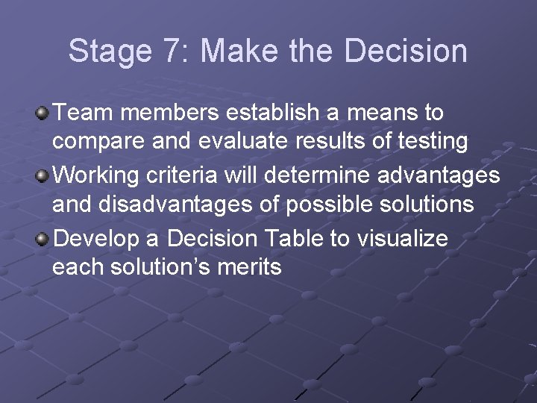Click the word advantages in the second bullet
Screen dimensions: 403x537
click(439, 175)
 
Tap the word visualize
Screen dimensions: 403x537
click(403, 238)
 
